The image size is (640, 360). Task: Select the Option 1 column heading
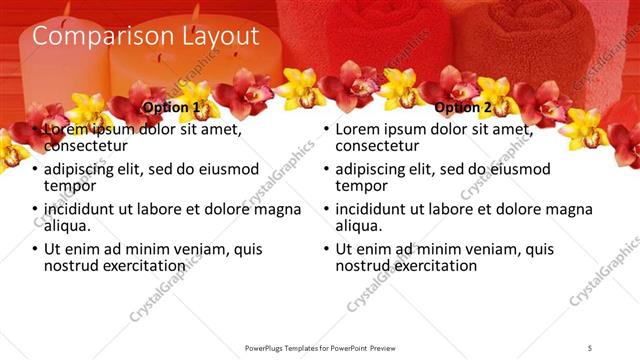171,107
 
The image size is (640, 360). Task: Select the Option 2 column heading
463,107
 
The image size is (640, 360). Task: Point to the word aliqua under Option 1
69,227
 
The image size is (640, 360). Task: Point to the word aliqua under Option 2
360,227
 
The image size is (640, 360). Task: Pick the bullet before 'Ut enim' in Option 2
326,250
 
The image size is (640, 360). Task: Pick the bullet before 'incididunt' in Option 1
35,210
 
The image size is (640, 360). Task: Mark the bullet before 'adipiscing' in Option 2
326,170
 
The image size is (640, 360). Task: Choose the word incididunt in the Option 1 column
85,209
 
